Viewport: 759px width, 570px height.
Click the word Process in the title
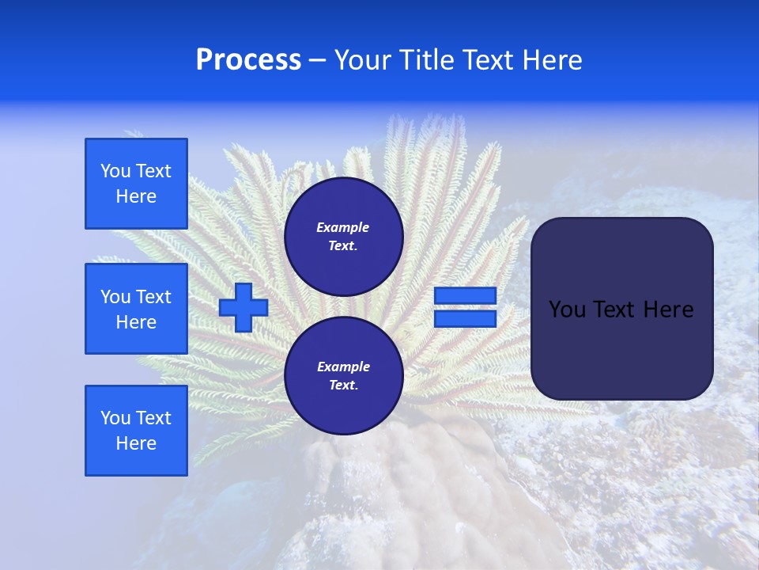[248, 60]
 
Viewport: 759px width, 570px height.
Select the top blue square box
[136, 184]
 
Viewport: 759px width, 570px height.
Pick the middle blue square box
[136, 309]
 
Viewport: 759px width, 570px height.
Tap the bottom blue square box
[136, 431]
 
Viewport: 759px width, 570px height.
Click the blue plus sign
[243, 307]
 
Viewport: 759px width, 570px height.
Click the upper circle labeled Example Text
[343, 237]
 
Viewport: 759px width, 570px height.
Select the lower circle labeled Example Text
[343, 376]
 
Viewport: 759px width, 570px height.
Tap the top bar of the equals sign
[465, 296]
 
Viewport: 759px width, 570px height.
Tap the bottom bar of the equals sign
[465, 319]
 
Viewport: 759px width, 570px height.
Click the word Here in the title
[550, 60]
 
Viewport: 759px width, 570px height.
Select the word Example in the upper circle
[343, 227]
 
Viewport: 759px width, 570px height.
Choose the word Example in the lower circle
[343, 367]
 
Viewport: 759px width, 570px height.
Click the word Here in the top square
[136, 196]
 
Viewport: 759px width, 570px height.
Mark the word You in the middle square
[115, 297]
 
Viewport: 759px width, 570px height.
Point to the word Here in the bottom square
[136, 443]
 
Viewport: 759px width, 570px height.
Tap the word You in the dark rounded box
[567, 310]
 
